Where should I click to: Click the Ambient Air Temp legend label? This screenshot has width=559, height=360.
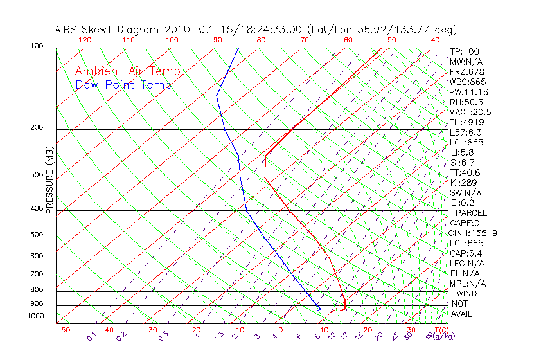pyautogui.click(x=127, y=72)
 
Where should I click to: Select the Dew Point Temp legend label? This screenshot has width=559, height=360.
pyautogui.click(x=123, y=85)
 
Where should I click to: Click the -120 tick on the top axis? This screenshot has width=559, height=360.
pyautogui.click(x=82, y=40)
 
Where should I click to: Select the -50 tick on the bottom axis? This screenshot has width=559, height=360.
pyautogui.click(x=62, y=330)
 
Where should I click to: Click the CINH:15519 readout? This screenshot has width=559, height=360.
pyautogui.click(x=473, y=233)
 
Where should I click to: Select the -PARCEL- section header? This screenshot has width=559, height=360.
pyautogui.click(x=471, y=213)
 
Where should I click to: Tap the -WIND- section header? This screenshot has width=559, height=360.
pyautogui.click(x=467, y=293)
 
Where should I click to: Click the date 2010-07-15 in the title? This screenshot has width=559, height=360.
pyautogui.click(x=193, y=30)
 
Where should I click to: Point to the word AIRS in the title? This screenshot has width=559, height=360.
pyautogui.click(x=67, y=30)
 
